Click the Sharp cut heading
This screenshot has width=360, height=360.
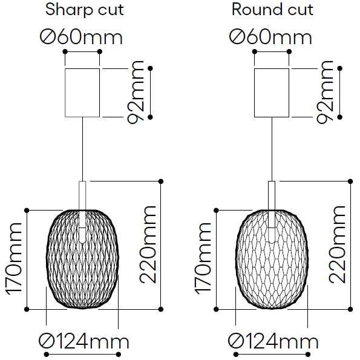tap(85, 10)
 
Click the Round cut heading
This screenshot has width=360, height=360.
tap(272, 10)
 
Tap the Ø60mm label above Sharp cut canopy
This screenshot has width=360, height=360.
tap(81, 37)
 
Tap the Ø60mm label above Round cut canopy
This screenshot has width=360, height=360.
tap(270, 37)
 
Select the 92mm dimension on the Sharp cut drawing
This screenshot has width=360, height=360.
tap(136, 93)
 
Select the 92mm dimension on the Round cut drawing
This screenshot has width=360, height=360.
tap(325, 93)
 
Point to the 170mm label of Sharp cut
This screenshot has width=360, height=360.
tap(14, 259)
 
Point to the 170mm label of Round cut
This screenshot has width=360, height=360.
tap(203, 259)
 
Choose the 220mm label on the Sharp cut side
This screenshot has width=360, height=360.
tap(148, 244)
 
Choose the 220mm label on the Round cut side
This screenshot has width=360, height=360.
tap(337, 244)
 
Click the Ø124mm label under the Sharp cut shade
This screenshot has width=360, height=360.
tap(83, 341)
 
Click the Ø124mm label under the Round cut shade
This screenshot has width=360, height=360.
tap(273, 341)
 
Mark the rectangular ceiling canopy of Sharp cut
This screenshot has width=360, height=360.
tap(82, 93)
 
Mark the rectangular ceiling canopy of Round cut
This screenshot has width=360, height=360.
tap(272, 93)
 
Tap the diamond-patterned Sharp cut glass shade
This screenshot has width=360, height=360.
tap(82, 259)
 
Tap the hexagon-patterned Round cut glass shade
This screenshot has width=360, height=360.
tap(272, 259)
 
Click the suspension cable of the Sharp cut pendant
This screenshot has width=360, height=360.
tap(82, 149)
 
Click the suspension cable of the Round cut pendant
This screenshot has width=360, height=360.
tap(272, 149)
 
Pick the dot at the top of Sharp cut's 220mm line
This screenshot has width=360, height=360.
tap(161, 182)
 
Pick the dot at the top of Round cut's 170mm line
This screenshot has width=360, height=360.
tap(216, 211)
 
